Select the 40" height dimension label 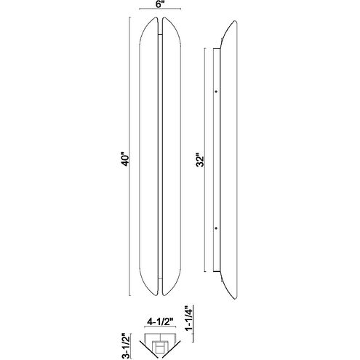point(126,159)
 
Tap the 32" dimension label point(200,160)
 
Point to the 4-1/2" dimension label point(160,322)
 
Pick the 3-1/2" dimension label point(126,346)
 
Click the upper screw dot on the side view point(216,92)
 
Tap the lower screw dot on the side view point(216,228)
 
